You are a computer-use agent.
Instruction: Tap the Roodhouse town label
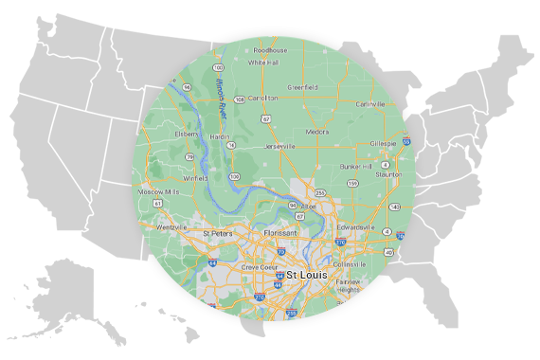[x=270, y=50]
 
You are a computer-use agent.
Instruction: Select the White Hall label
[x=262, y=63]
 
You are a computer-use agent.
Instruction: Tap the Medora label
[x=316, y=132]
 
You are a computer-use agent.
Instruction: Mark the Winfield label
[x=169, y=176]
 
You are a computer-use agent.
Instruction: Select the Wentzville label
[x=171, y=228]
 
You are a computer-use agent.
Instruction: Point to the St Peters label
[x=218, y=232]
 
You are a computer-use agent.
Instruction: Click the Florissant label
[x=280, y=232]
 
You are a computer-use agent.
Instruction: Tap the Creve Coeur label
[x=259, y=267]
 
